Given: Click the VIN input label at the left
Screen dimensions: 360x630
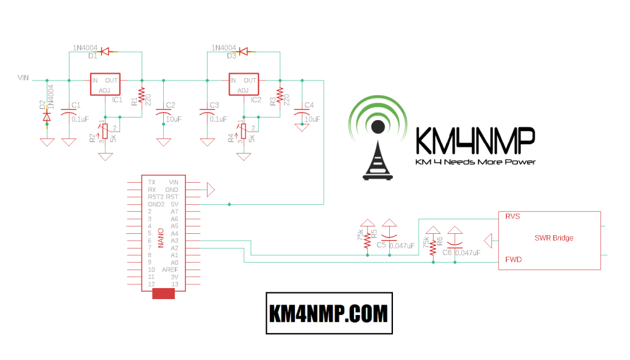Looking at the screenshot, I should click(23, 78).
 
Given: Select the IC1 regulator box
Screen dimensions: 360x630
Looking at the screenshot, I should click(105, 85).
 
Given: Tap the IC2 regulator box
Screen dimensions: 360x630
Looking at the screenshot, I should click(243, 85).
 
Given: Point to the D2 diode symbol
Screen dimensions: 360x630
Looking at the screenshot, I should click(46, 116).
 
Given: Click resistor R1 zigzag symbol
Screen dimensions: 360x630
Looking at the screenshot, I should click(142, 95).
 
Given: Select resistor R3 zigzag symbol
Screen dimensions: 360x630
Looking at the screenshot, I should click(280, 95).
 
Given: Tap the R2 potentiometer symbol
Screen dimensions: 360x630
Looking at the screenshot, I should click(105, 130).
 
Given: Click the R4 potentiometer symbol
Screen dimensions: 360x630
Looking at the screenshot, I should click(243, 130).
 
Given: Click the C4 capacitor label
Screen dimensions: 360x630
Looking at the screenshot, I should click(309, 105).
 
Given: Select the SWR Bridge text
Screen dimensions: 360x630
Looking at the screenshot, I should click(554, 238).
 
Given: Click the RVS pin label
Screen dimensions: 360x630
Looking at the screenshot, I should click(513, 217).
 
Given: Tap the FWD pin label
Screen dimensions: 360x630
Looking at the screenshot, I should click(513, 260).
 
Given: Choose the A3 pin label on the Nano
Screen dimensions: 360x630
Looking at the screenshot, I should click(174, 241).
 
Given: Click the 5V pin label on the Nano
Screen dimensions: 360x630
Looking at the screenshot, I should click(174, 204).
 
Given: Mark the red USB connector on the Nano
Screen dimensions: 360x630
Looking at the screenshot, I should click(163, 294).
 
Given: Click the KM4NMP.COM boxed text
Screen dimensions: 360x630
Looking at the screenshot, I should click(329, 314).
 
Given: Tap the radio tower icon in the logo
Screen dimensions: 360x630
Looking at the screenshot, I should click(378, 154).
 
